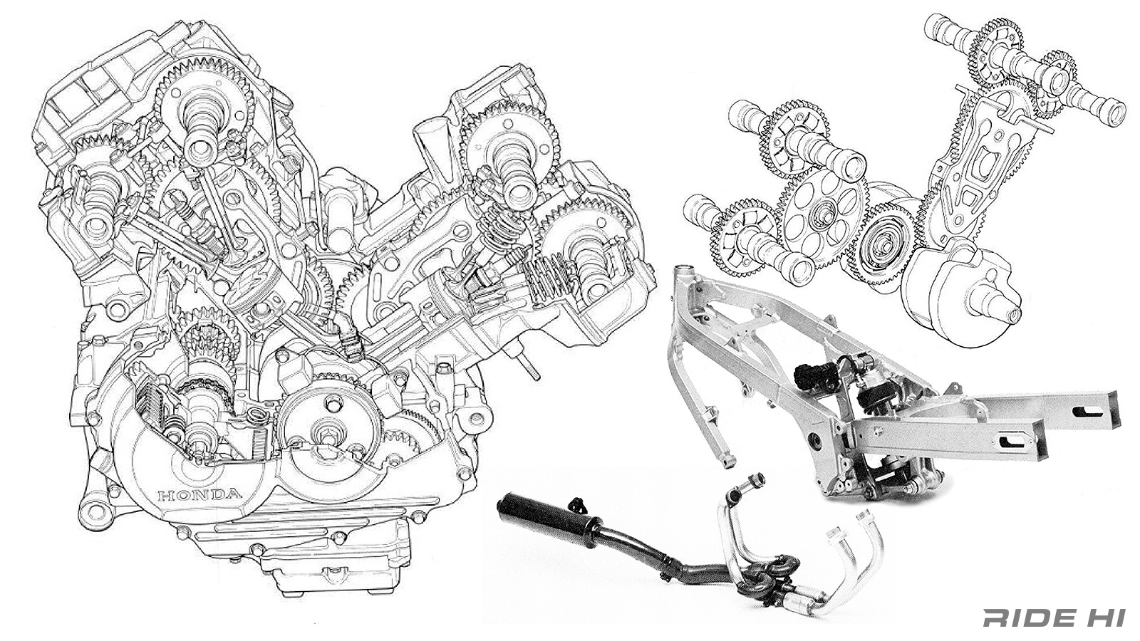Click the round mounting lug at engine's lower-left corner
(91, 508)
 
